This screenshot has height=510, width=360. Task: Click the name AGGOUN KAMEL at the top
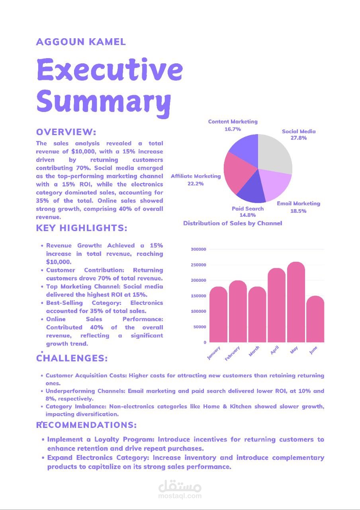tap(81, 42)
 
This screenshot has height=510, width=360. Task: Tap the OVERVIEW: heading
tap(66, 132)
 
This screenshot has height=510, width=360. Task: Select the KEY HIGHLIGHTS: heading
tap(82, 228)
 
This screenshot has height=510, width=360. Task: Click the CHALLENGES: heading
tap(72, 358)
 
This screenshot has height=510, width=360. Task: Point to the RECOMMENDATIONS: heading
tap(86, 425)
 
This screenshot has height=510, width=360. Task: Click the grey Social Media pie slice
tap(276, 153)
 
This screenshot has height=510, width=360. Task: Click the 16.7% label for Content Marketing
tap(233, 129)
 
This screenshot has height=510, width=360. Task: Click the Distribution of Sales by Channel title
tap(233, 223)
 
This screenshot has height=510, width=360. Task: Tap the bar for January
tap(218, 314)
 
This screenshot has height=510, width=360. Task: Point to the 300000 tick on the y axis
tap(198, 249)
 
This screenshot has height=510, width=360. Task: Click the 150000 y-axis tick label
tap(198, 296)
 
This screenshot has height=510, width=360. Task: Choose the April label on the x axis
tap(274, 350)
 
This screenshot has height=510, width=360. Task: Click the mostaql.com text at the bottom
tap(180, 496)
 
